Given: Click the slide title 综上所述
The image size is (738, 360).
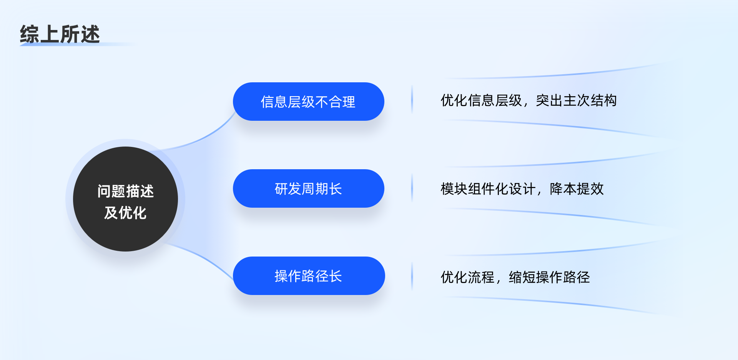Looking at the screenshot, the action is click(60, 34).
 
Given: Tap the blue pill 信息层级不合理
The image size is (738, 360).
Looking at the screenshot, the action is click(308, 102).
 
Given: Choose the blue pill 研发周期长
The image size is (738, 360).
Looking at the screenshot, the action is click(308, 188).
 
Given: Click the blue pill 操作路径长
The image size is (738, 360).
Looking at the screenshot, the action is click(308, 276).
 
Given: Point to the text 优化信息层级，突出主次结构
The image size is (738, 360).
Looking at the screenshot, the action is click(528, 100).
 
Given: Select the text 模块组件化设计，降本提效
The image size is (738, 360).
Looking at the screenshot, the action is click(522, 189).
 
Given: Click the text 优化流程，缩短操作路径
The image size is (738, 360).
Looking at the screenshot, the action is click(515, 277).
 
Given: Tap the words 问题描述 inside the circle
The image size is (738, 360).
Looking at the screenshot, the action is click(125, 191).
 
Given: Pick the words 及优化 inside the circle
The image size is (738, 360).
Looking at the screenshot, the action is click(125, 213).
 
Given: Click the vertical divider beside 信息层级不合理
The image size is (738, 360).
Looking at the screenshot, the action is click(412, 100).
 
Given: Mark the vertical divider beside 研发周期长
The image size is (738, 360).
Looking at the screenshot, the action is click(412, 188).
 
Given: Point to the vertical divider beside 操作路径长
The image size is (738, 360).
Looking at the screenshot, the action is click(412, 276).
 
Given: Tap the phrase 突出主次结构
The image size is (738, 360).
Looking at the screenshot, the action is click(576, 100).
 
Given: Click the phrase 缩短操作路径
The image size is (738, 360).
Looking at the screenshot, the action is click(549, 277).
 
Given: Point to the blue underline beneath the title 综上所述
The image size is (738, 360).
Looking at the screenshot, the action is click(77, 45).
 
